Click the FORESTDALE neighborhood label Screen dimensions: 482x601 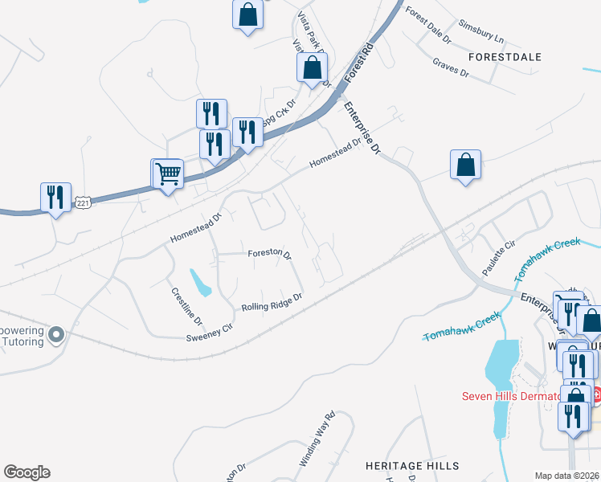click(x=505, y=57)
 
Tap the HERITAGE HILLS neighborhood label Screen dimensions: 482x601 click(x=412, y=466)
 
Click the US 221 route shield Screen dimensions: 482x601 click(x=83, y=204)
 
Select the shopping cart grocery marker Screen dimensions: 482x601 click(x=167, y=173)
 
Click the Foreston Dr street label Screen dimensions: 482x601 click(x=269, y=252)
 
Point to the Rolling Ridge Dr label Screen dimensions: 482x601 click(x=272, y=302)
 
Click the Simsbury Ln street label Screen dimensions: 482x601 click(x=480, y=31)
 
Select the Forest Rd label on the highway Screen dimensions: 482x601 click(x=360, y=62)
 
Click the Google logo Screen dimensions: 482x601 click(x=27, y=472)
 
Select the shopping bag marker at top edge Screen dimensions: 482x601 click(x=247, y=14)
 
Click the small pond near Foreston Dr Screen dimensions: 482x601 click(x=201, y=281)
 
